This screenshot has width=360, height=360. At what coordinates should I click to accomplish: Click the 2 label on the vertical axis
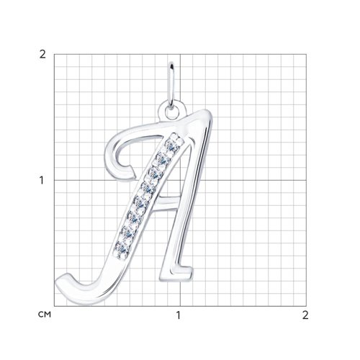click(x=42, y=55)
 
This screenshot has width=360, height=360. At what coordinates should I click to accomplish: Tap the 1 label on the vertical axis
click(x=42, y=181)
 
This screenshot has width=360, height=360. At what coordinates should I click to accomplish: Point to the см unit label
click(x=45, y=314)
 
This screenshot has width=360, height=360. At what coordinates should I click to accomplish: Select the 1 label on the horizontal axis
click(x=178, y=315)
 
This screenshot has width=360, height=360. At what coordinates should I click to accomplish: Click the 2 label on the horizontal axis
click(x=305, y=315)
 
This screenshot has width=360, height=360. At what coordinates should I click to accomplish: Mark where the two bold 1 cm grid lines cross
click(x=180, y=180)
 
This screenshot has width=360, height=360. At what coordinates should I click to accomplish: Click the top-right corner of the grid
click(x=306, y=54)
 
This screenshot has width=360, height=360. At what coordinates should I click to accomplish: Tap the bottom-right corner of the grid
click(x=306, y=306)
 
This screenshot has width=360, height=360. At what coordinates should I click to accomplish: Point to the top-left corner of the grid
click(x=54, y=54)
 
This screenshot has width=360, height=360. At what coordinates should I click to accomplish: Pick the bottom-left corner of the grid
click(x=54, y=306)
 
